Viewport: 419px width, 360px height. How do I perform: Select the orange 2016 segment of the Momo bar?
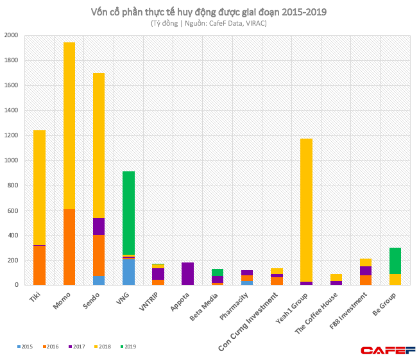(x=69, y=247)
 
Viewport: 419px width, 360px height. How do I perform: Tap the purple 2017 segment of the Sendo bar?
(x=99, y=227)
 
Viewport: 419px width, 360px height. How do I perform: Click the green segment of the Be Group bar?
(x=395, y=261)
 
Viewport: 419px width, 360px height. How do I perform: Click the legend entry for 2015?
(x=26, y=347)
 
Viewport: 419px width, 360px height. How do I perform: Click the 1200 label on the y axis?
(x=11, y=135)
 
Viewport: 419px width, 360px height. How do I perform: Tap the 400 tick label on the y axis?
(x=12, y=236)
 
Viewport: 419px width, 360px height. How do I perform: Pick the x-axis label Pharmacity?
(x=235, y=307)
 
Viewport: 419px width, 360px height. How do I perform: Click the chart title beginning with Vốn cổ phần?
(x=210, y=12)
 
